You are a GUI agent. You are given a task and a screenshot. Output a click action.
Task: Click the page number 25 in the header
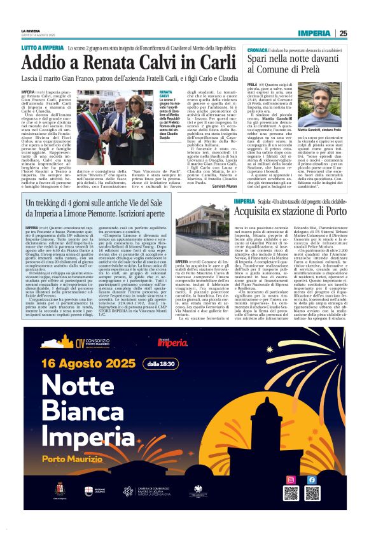(343, 33)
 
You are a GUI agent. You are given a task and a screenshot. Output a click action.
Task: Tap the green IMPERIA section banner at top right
(316, 33)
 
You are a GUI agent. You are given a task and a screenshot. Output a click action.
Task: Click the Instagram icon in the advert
(291, 480)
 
